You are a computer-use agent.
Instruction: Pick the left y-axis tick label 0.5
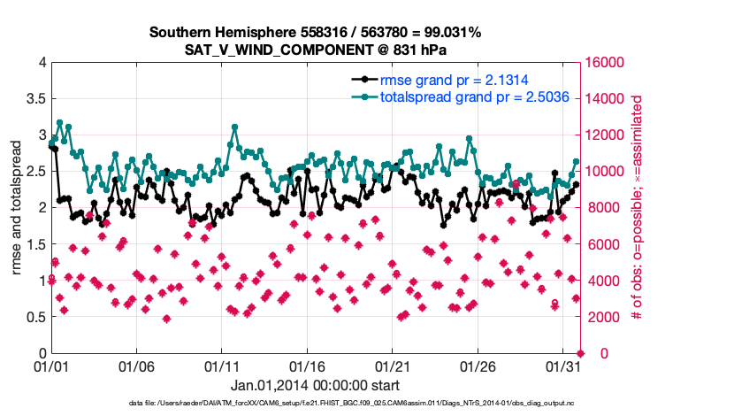click(x=34, y=317)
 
